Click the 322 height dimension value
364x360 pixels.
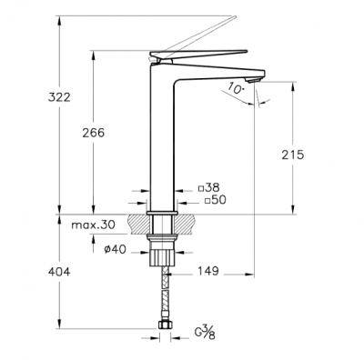[x=59, y=97]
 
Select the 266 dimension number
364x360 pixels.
[x=93, y=133]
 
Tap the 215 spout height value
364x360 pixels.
[x=292, y=155]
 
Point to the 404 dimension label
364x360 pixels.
[x=59, y=272]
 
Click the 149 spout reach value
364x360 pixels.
[x=208, y=271]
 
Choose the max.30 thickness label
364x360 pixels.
[x=93, y=225]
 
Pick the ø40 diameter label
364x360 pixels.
[x=115, y=249]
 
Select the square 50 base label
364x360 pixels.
[x=216, y=200]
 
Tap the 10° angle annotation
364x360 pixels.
[x=236, y=88]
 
